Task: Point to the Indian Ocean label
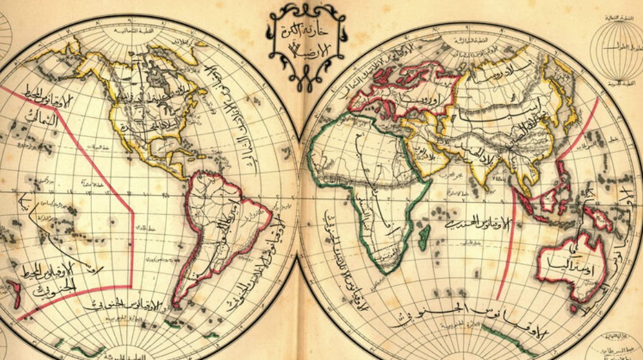473,224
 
